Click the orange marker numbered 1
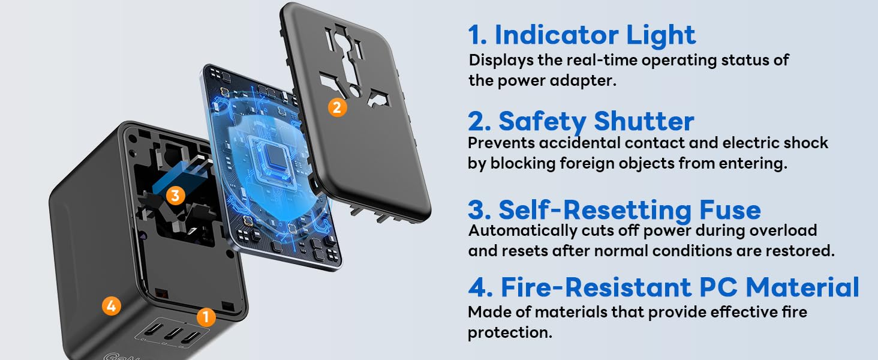point(206,317)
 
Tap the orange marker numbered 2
point(337,107)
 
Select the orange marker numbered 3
point(175,195)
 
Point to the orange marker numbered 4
point(112,306)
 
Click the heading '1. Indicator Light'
point(582,35)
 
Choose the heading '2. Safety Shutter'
point(581,121)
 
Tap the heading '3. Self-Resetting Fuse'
point(614,210)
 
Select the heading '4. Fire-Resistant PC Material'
point(663,287)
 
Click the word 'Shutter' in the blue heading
point(644,121)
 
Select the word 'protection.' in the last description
point(510,332)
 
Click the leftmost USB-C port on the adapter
point(157,329)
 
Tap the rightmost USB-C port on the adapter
point(191,337)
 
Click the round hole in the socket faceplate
point(354,91)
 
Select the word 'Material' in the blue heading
point(802,287)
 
